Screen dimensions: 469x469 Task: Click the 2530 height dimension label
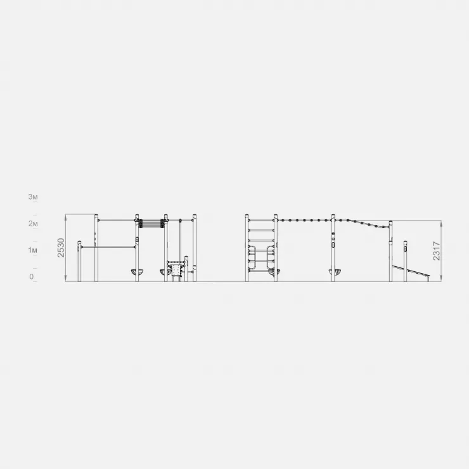pyautogui.click(x=61, y=248)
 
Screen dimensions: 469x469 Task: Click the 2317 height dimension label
pyautogui.click(x=437, y=251)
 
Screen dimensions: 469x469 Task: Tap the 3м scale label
pyautogui.click(x=33, y=197)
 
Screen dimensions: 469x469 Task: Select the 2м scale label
pyautogui.click(x=33, y=224)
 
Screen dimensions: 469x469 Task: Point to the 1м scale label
pyautogui.click(x=33, y=250)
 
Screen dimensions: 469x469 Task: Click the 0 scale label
pyautogui.click(x=32, y=277)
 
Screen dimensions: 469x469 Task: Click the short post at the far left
pyautogui.click(x=79, y=261)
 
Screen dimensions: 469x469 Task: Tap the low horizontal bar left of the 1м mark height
pyautogui.click(x=108, y=247)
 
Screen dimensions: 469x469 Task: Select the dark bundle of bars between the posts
pyautogui.click(x=151, y=224)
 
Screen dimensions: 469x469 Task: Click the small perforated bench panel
pyautogui.click(x=176, y=271)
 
